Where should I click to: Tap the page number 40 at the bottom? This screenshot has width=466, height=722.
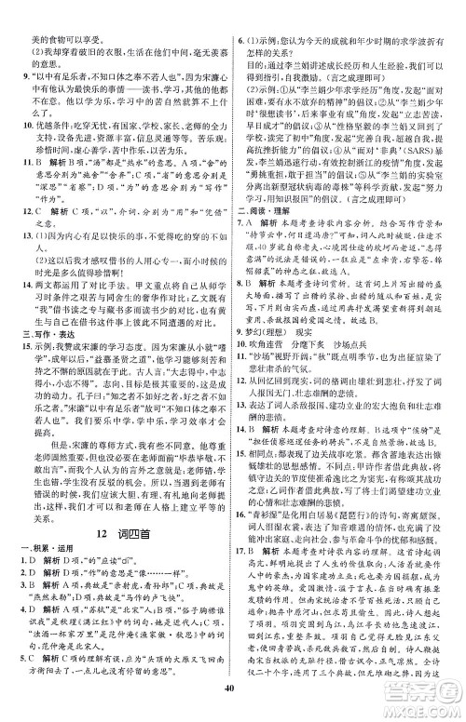point(232,711)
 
